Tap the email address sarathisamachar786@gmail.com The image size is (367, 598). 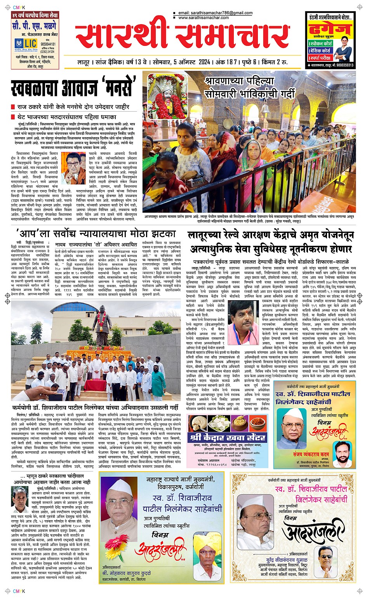click(x=216, y=13)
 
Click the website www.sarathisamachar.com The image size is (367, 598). click(x=204, y=18)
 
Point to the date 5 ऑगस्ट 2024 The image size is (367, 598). click(x=191, y=62)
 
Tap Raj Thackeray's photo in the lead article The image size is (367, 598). click(x=76, y=168)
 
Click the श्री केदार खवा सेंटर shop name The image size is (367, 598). click(x=228, y=437)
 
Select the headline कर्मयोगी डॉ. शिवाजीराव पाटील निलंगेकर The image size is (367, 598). click(x=95, y=408)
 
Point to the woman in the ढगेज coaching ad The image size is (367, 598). click(x=343, y=48)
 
